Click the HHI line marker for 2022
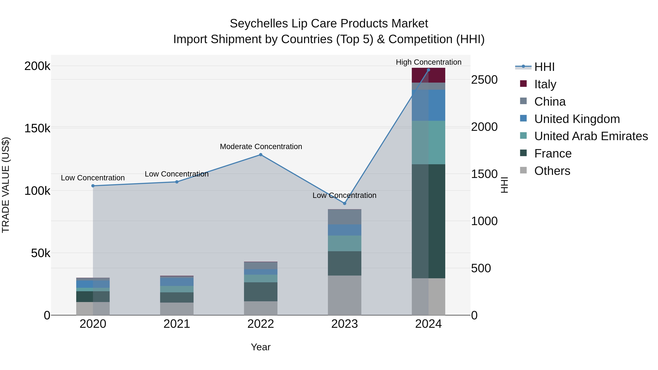(260, 154)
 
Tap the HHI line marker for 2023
(344, 203)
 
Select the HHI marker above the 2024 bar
(428, 70)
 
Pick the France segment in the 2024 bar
(428, 221)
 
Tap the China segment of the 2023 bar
(344, 217)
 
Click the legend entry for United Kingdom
(577, 119)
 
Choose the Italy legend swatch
(523, 84)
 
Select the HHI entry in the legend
(544, 67)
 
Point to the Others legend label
(552, 171)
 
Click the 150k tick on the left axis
(37, 128)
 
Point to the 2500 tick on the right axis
(484, 80)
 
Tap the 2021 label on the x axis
(177, 324)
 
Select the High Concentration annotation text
(428, 62)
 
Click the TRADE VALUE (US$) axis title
(6, 185)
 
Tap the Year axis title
(260, 347)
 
